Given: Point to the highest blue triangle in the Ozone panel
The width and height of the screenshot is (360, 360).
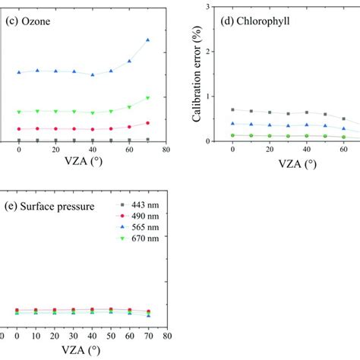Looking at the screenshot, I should (147, 39).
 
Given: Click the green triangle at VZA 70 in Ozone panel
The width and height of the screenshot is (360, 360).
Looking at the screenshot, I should (147, 97).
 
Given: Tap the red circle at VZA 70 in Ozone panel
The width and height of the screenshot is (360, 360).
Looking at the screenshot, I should (147, 122).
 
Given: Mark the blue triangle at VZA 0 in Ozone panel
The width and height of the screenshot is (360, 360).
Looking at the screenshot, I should (19, 73).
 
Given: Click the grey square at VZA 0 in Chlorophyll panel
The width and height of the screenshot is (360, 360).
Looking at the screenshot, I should (232, 110).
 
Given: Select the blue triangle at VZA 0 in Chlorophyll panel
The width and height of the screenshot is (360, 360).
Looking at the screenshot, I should (232, 123).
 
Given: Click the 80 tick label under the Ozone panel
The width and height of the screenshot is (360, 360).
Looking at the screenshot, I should (166, 150).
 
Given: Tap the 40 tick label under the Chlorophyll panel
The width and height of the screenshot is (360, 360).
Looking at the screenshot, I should (306, 150).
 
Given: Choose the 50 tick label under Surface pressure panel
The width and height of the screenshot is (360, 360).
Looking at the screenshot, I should (110, 336).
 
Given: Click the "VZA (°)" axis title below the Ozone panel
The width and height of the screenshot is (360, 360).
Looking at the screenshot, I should (84, 162).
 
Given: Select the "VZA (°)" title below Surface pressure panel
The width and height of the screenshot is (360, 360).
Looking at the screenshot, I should (84, 350).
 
